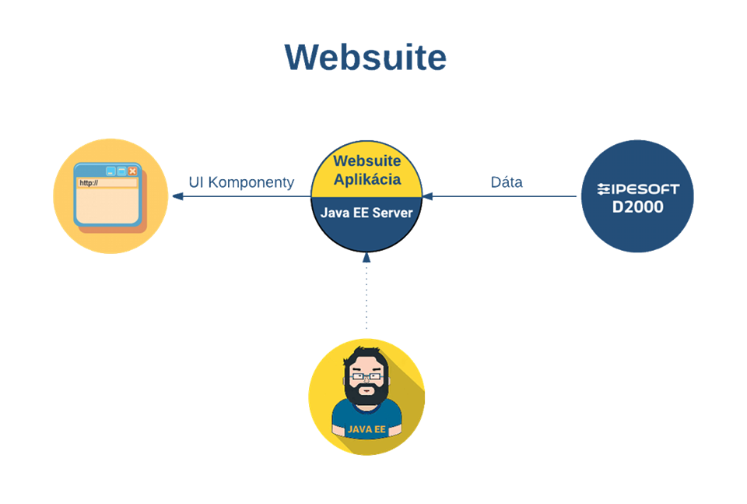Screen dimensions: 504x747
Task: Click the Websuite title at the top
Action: (365, 58)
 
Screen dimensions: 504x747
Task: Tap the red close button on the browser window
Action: (132, 171)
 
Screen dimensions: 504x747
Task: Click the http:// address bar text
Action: (88, 183)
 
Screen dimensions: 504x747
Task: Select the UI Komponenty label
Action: (241, 182)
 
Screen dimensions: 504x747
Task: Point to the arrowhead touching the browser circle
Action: (177, 196)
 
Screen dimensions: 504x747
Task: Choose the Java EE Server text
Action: (366, 213)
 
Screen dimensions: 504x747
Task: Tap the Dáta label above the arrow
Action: (507, 182)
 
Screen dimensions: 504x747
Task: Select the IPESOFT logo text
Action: (637, 189)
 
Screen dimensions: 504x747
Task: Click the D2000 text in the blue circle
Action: (637, 207)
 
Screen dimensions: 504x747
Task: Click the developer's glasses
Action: (366, 376)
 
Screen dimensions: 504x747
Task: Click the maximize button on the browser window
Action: (121, 171)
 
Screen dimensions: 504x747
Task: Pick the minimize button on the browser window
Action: (110, 171)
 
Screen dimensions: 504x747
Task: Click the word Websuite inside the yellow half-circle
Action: (367, 161)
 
